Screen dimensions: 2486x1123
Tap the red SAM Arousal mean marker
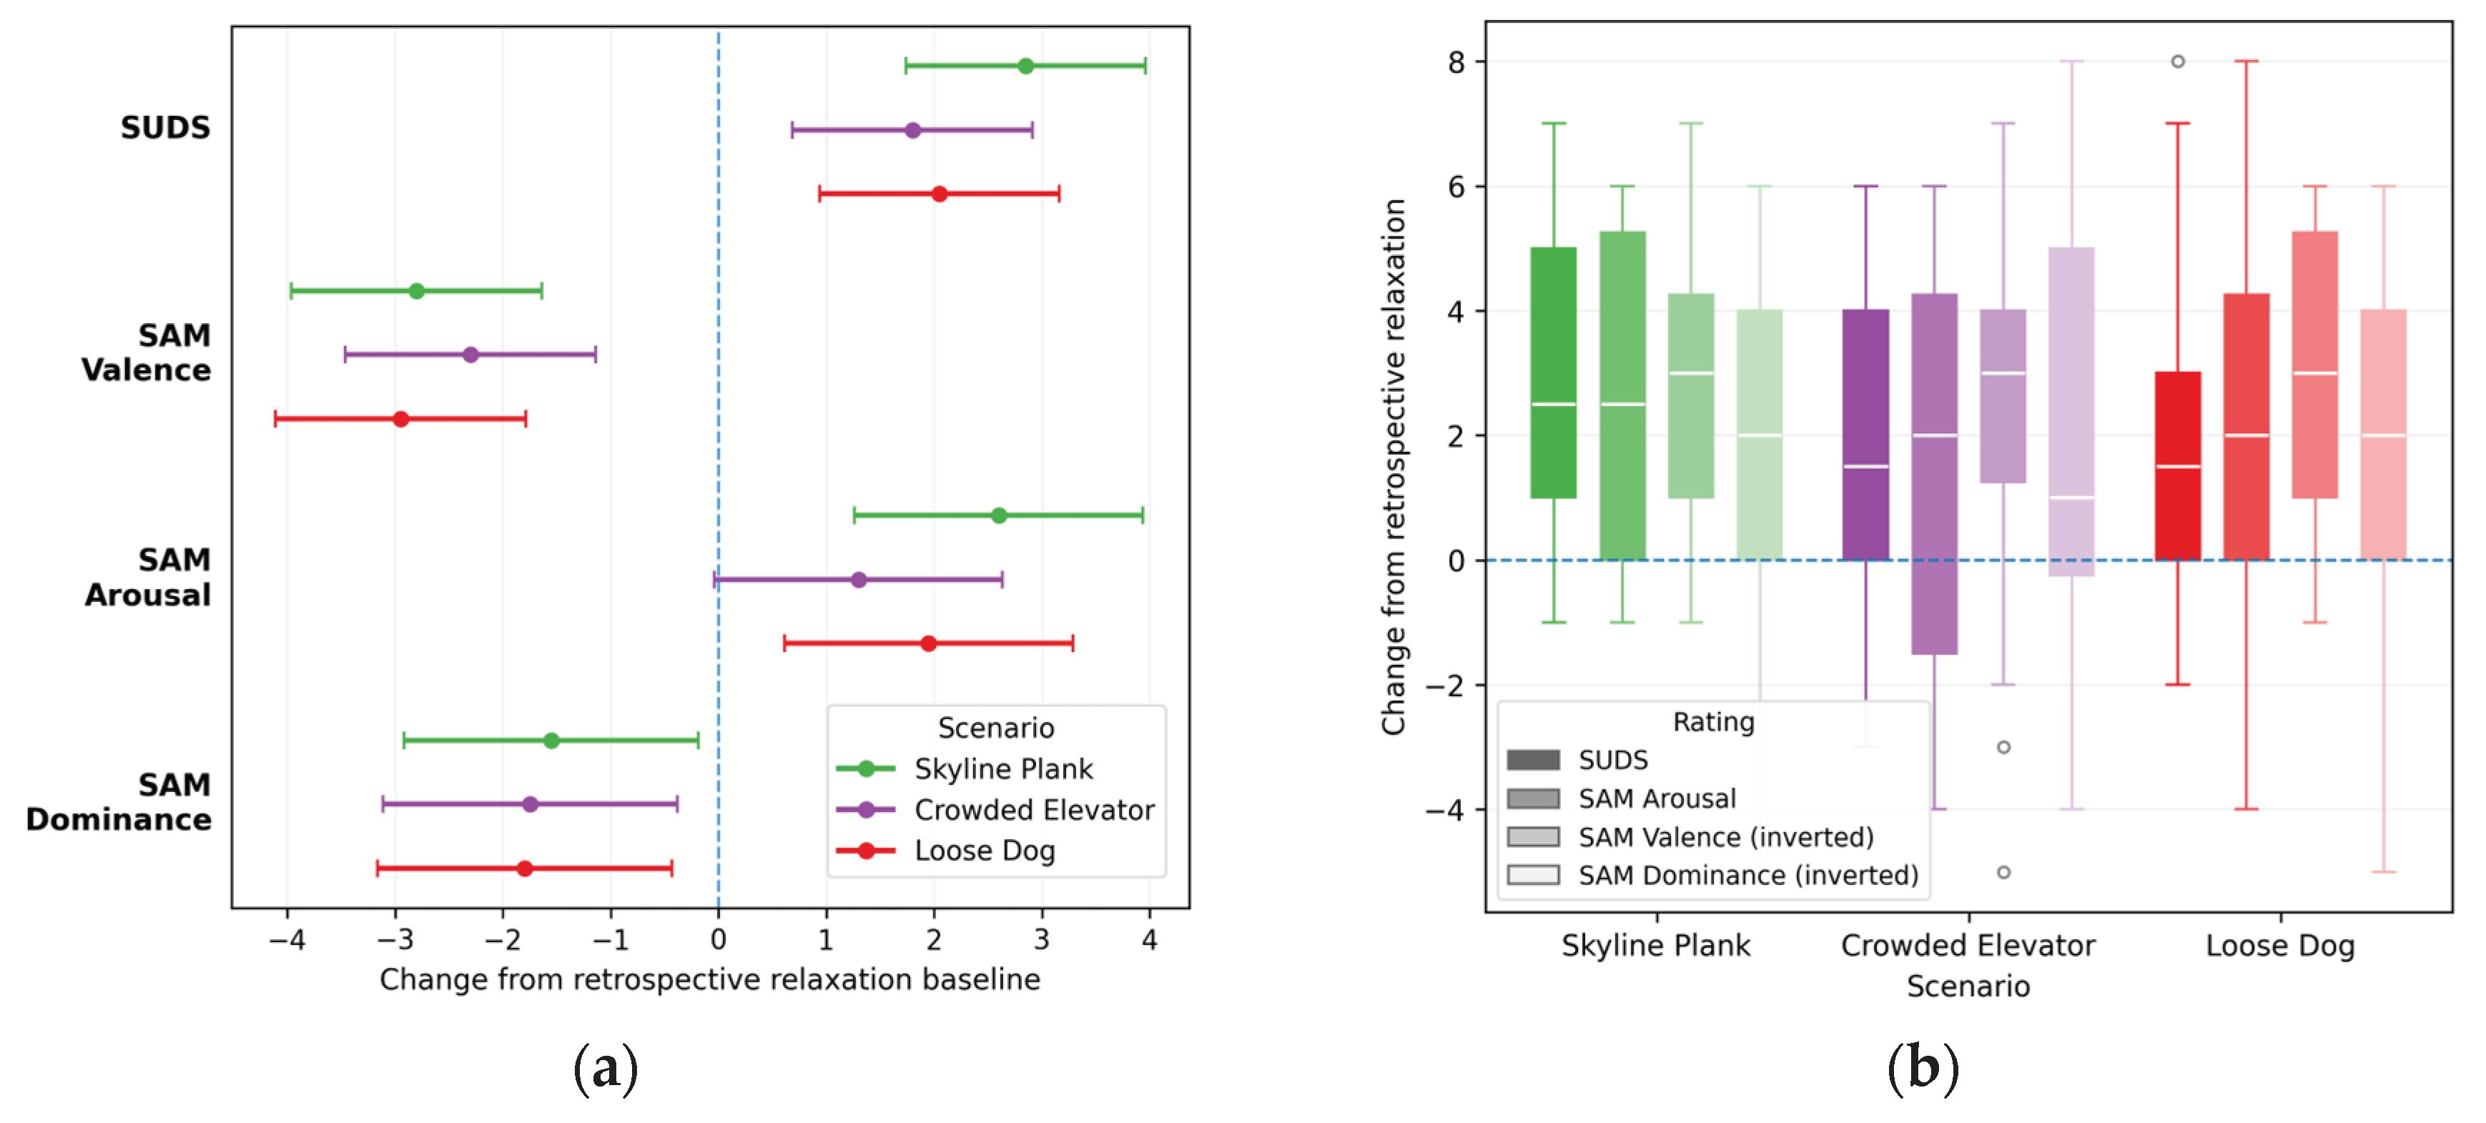click(x=927, y=643)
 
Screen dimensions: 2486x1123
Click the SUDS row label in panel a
click(x=165, y=127)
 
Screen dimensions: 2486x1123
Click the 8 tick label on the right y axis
click(x=1456, y=61)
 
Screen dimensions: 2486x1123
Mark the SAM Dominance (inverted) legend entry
click(x=1713, y=874)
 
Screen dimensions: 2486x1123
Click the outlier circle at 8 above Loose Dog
click(x=2178, y=61)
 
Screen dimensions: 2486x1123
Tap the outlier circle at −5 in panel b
click(x=2003, y=871)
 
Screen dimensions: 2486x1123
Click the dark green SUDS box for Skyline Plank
click(x=1554, y=372)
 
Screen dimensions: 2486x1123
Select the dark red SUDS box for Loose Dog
click(x=2178, y=465)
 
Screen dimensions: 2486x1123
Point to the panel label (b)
click(x=1923, y=1068)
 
